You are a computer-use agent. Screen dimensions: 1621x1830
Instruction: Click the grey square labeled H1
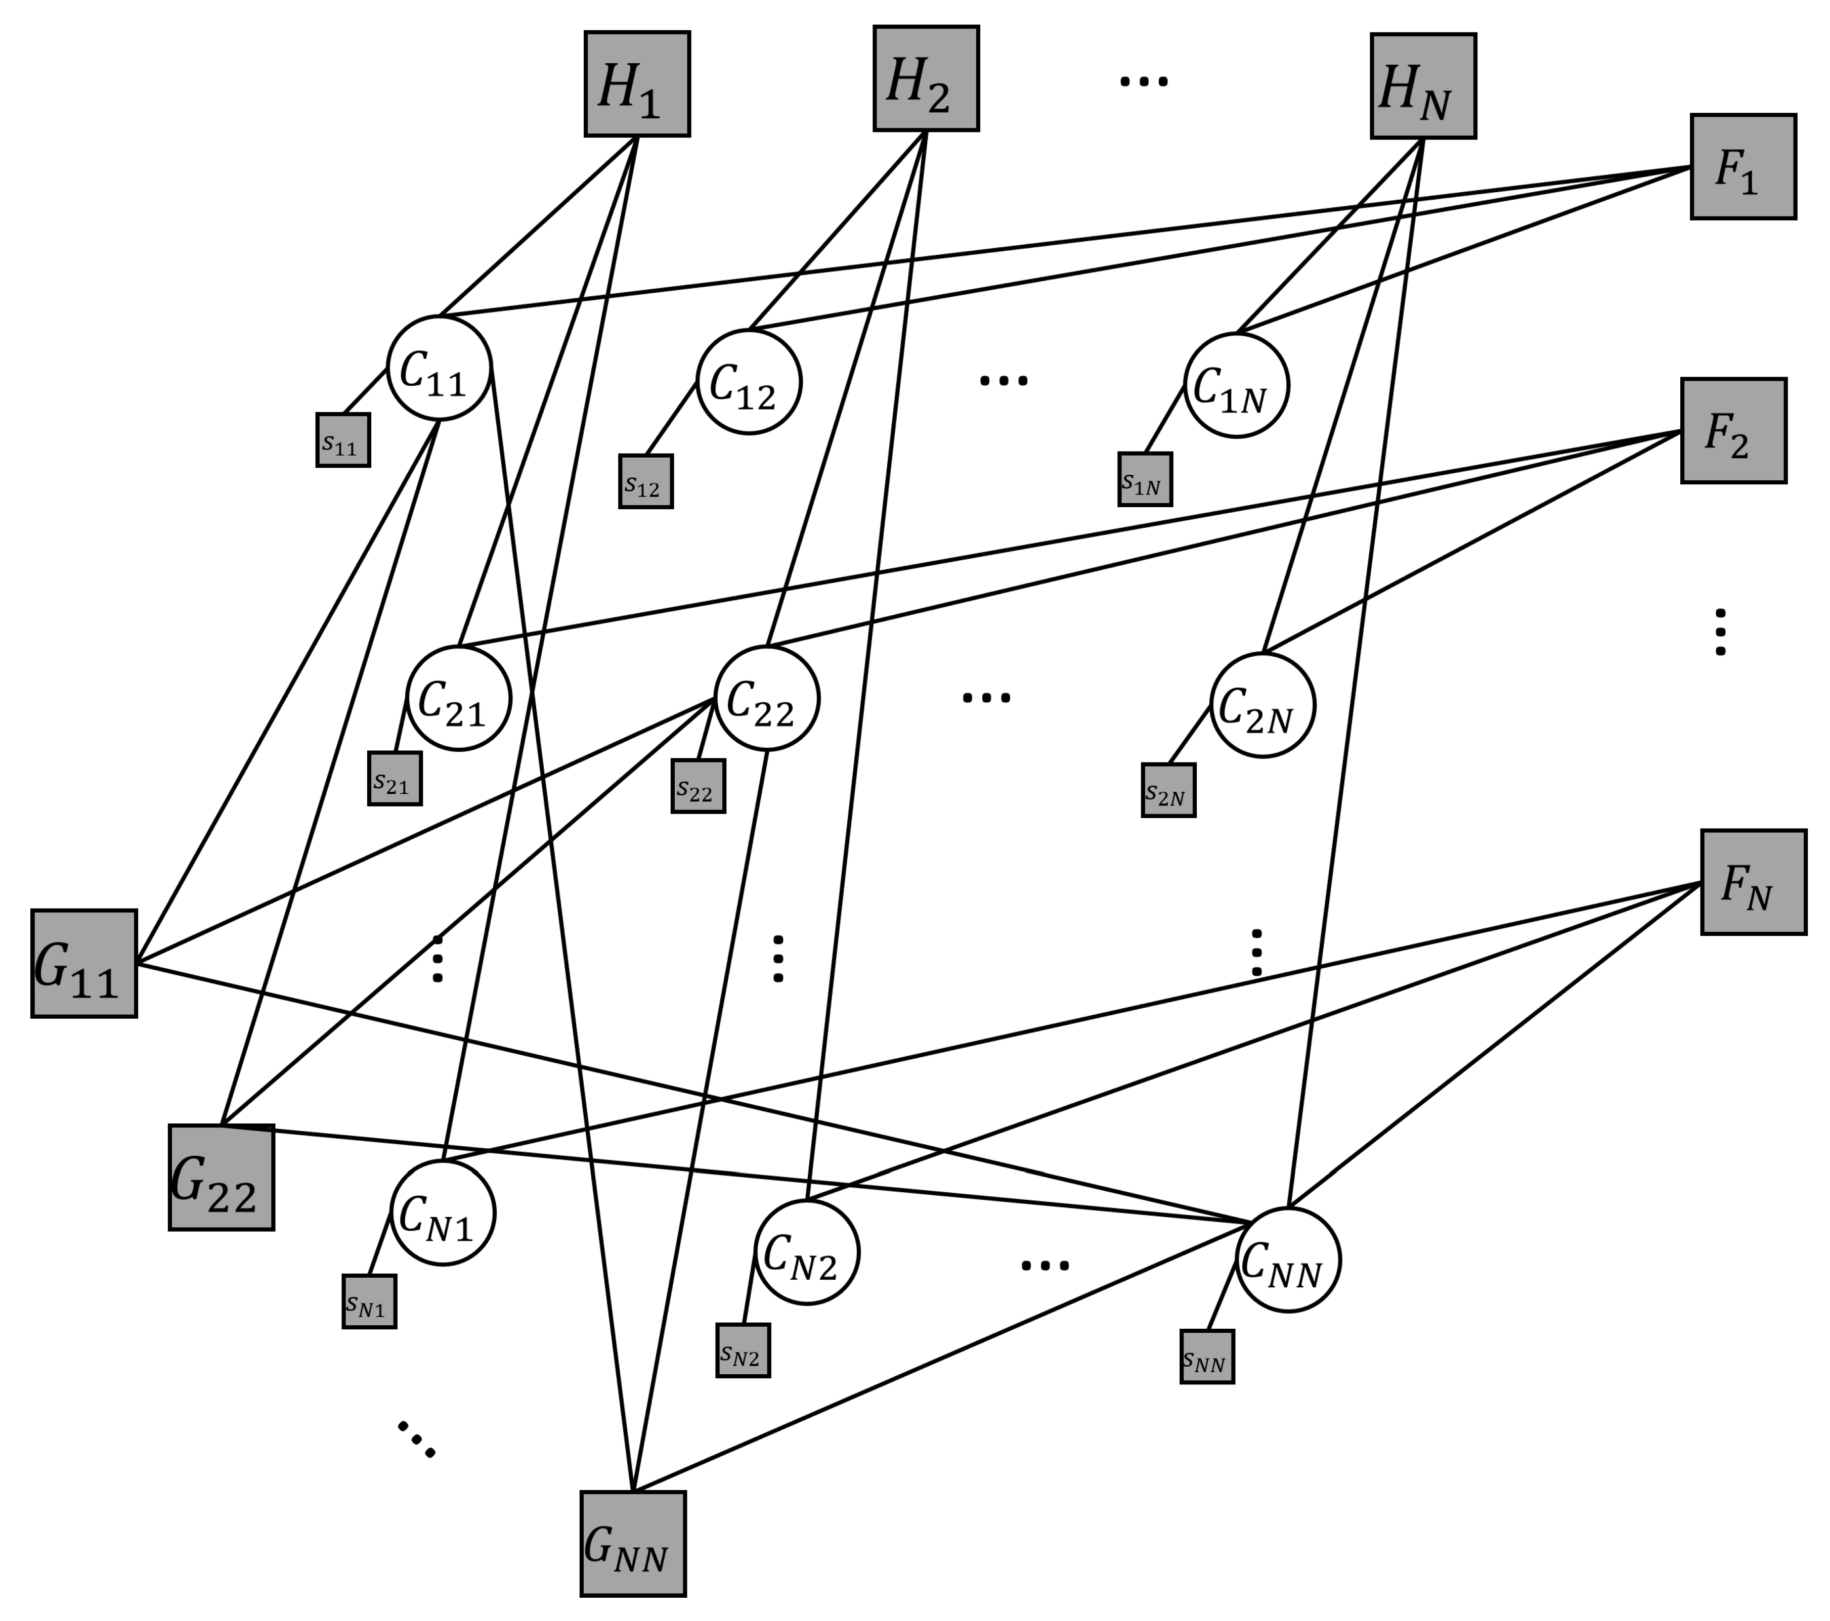[637, 84]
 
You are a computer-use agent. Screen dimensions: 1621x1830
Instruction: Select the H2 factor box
[926, 79]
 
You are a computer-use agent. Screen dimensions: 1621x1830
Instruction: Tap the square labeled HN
[1423, 86]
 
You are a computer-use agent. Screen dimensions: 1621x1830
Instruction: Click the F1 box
[1742, 166]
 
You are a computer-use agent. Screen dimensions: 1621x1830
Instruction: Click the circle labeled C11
[439, 368]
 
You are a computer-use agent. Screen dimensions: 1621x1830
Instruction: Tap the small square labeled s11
[343, 439]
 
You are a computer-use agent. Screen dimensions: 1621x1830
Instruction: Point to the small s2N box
[1168, 790]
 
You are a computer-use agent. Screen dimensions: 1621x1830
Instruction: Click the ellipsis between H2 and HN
[1143, 81]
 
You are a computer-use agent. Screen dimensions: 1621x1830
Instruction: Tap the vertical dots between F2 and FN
[1720, 632]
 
